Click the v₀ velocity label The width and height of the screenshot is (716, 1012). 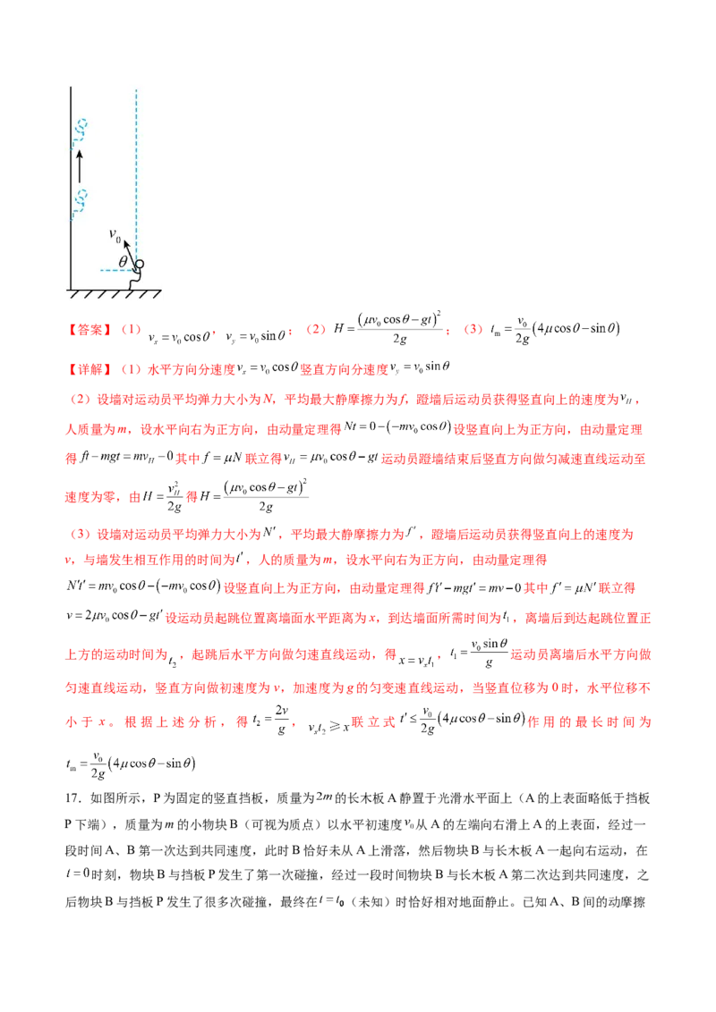coord(115,234)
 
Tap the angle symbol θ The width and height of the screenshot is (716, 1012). coord(123,262)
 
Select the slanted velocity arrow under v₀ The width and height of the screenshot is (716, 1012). coord(131,253)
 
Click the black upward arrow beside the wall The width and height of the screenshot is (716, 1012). coord(79,165)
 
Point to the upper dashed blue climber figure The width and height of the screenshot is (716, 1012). coord(81,130)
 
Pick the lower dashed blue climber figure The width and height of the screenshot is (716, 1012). coord(81,202)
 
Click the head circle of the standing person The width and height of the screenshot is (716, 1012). coord(140,265)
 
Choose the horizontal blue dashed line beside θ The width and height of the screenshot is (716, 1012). coord(115,270)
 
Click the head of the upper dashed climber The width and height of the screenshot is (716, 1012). coord(83,122)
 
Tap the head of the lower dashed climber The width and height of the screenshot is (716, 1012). coord(83,194)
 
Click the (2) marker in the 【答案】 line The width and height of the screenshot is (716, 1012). coord(314,330)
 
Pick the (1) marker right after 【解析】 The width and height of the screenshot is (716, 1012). coord(131,367)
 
